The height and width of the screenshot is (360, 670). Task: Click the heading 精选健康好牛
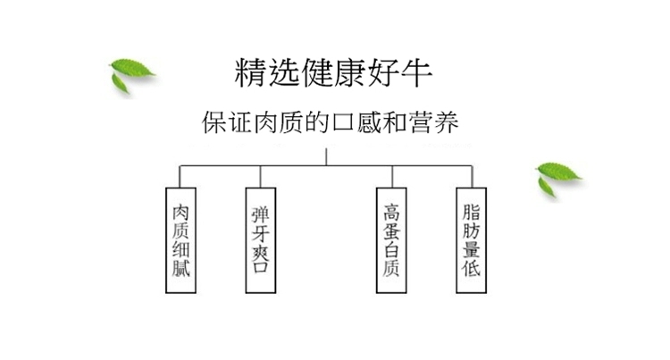(x=333, y=72)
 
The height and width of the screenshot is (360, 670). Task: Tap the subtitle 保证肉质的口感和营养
(x=331, y=122)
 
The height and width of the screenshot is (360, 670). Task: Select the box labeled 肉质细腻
(x=180, y=240)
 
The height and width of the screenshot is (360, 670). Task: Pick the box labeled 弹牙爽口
(x=261, y=240)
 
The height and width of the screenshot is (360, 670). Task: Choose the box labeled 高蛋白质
(x=391, y=240)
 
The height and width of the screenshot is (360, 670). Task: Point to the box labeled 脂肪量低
(x=472, y=240)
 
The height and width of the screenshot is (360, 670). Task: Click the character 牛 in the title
(x=416, y=72)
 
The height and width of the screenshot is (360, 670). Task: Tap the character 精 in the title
(x=251, y=72)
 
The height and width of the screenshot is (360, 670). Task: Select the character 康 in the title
(x=350, y=72)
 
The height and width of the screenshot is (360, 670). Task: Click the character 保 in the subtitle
(x=214, y=123)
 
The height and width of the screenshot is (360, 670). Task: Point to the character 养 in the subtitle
(x=447, y=122)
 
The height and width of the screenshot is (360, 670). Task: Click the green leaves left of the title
(x=131, y=76)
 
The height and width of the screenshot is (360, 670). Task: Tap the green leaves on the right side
(x=558, y=179)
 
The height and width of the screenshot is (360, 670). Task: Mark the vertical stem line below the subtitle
(x=326, y=156)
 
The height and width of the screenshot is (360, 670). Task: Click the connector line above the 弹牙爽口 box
(x=260, y=177)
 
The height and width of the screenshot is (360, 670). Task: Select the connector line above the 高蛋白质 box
(x=392, y=177)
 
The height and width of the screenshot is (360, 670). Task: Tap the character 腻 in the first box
(x=180, y=268)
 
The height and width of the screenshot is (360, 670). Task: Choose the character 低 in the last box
(x=472, y=268)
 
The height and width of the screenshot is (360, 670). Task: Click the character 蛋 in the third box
(x=391, y=231)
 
